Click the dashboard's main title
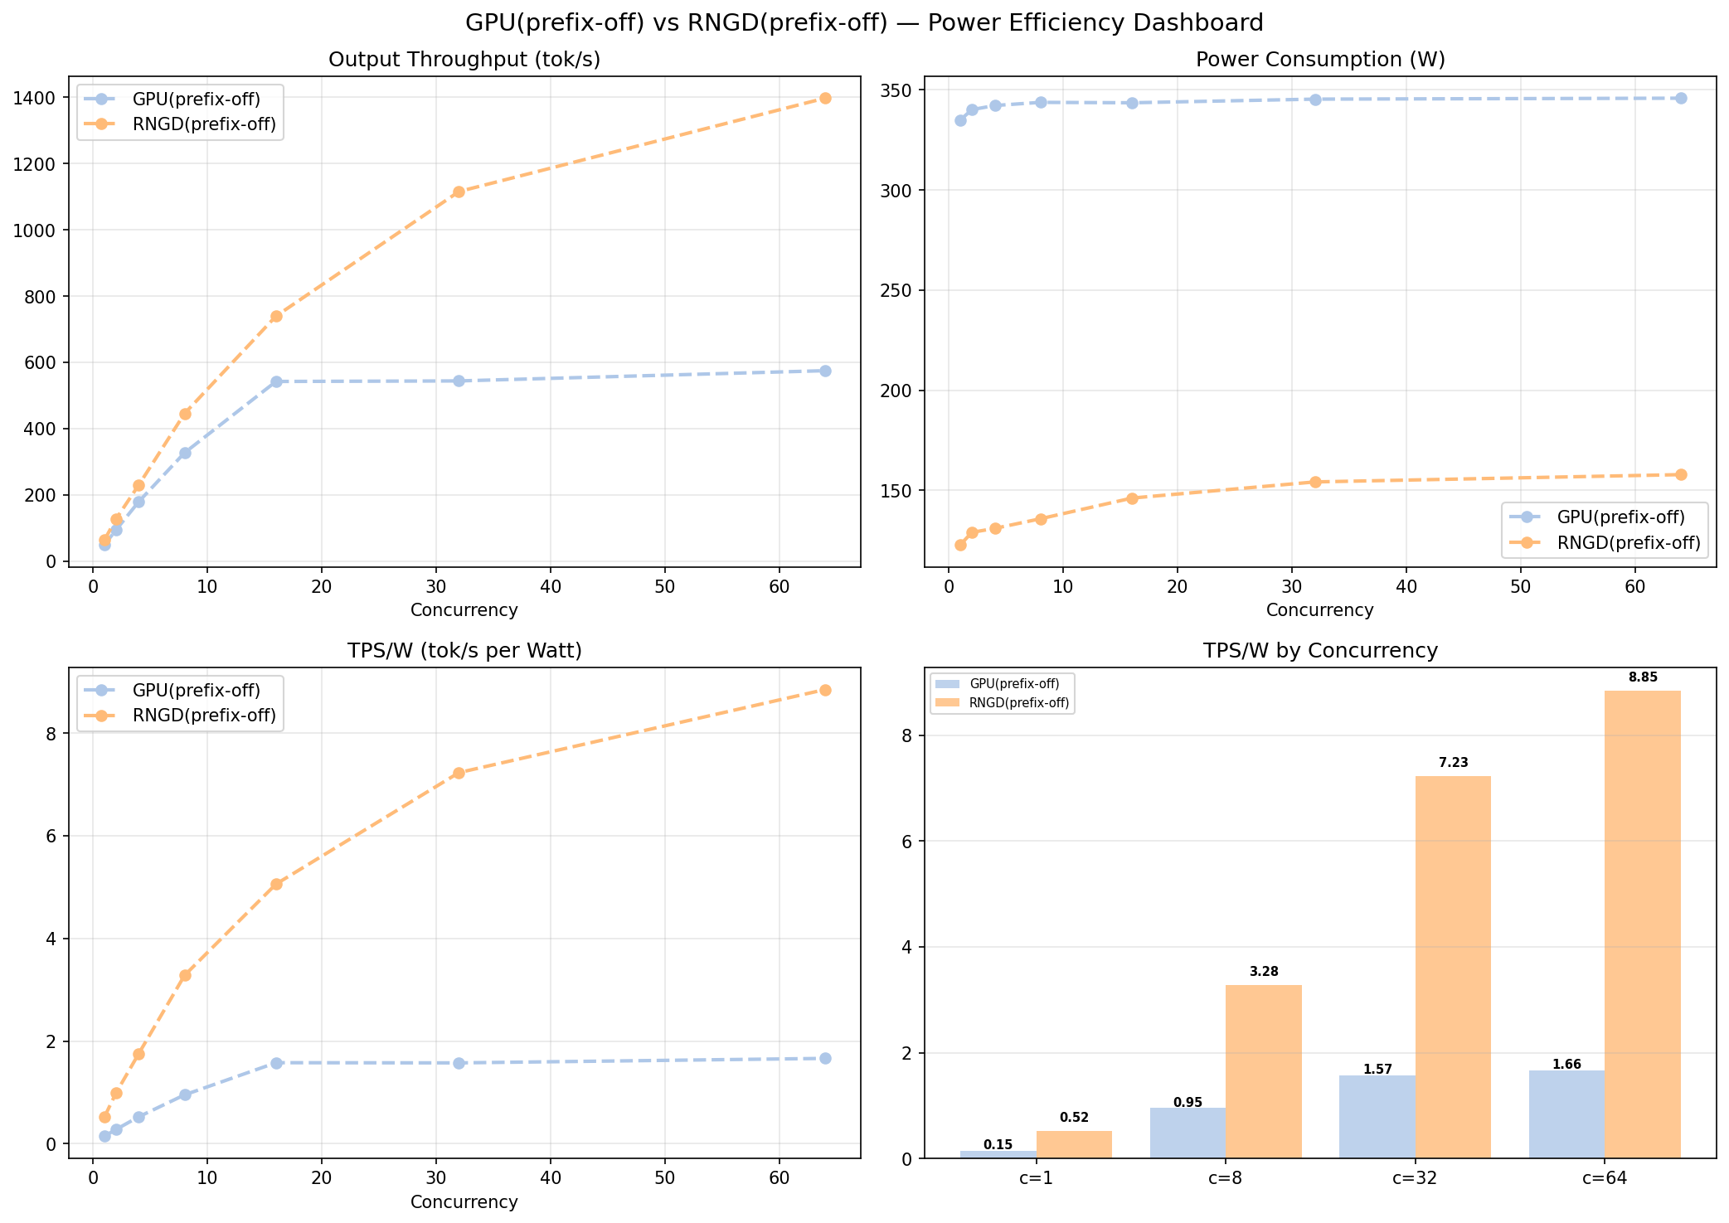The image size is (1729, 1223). point(864,22)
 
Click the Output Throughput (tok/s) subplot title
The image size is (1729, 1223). point(464,60)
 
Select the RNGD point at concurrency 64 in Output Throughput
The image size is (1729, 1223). point(825,98)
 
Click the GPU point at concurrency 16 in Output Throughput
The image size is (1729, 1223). point(276,381)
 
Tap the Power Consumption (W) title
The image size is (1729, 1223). point(1320,60)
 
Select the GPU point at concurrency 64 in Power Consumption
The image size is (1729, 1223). point(1681,98)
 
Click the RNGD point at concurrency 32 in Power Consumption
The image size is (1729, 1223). point(1315,482)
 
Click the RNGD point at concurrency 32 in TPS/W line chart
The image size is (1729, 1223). point(459,773)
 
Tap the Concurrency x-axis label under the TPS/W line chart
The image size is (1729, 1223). point(464,1202)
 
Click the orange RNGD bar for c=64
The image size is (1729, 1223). point(1643,925)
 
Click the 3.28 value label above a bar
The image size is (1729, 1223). point(1264,972)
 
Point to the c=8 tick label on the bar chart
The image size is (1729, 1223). point(1226,1177)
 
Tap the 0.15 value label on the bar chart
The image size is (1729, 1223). point(998,1145)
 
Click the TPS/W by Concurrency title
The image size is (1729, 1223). point(1320,651)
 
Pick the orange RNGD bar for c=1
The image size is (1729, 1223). point(1074,1145)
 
